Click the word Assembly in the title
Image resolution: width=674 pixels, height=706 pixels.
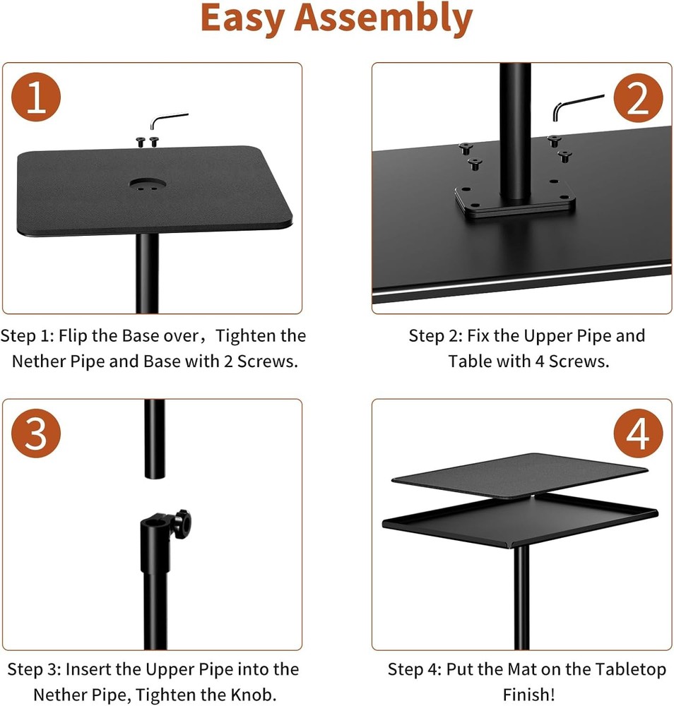384,19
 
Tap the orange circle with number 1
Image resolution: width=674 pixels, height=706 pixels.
36,99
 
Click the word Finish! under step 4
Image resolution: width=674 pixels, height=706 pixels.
526,693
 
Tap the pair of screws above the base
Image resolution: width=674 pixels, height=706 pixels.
148,141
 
